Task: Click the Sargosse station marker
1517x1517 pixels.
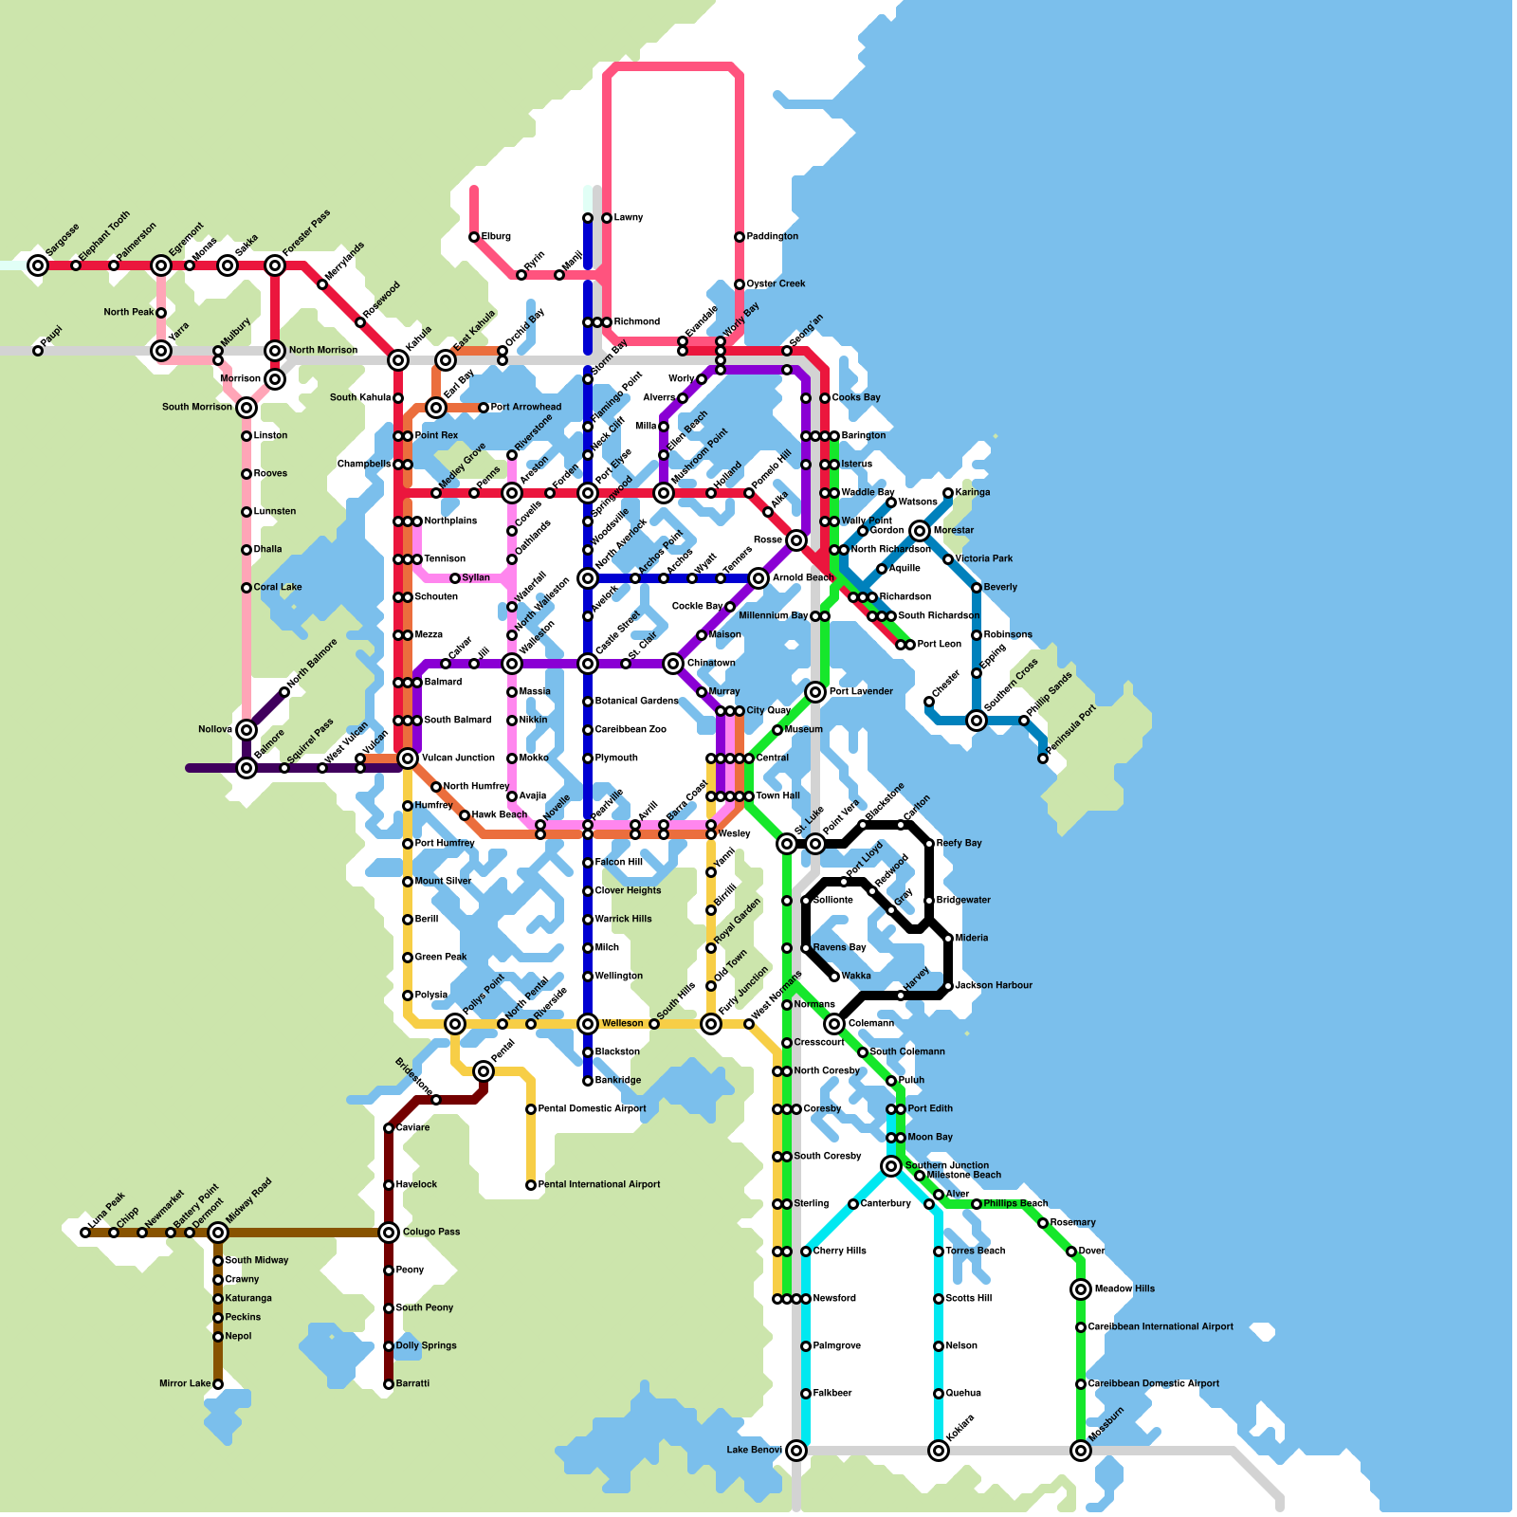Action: click(38, 265)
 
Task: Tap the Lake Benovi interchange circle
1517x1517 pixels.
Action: click(796, 1451)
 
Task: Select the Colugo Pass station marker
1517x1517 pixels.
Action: click(389, 1233)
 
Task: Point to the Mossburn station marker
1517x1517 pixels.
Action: click(1081, 1451)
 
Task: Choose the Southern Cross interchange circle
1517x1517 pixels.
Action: click(977, 721)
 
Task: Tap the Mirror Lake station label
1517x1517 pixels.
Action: click(185, 1384)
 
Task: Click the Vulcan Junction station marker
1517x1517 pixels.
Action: click(408, 758)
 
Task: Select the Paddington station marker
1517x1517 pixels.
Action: click(740, 237)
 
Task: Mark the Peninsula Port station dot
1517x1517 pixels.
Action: click(1043, 758)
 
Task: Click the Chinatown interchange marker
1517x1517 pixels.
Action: click(673, 664)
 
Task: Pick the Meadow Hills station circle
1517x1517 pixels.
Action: click(1081, 1289)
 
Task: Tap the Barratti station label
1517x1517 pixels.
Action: click(412, 1384)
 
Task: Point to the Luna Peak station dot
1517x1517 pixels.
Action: click(85, 1233)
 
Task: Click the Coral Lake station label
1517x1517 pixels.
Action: click(278, 588)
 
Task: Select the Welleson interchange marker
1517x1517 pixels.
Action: click(588, 1024)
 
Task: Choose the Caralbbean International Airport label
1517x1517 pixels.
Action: click(1161, 1327)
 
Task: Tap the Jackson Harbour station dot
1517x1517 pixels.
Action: click(948, 986)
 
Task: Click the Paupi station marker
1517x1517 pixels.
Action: click(38, 351)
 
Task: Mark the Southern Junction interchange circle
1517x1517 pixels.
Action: click(891, 1166)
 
